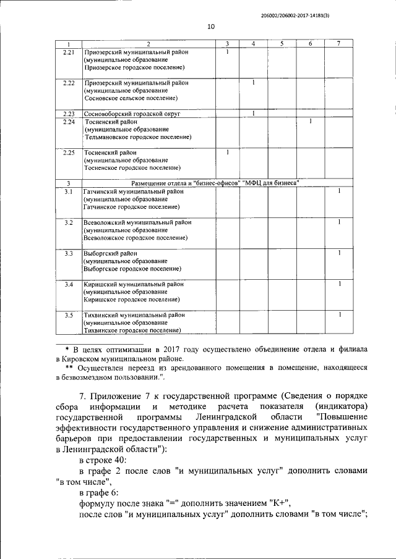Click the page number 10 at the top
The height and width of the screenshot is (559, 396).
210,27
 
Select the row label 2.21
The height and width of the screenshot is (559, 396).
69,52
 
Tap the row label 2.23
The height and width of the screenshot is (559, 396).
69,114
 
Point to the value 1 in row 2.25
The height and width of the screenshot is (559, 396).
228,152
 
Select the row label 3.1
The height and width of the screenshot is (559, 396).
69,191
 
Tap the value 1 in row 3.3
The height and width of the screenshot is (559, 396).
339,253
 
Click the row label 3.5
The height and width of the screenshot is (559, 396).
69,315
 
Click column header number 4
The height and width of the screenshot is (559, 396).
254,43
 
